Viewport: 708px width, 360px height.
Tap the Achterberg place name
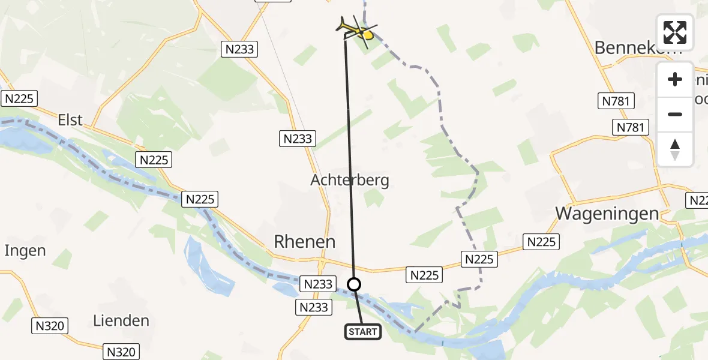pos(350,180)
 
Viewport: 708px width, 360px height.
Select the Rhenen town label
pos(304,241)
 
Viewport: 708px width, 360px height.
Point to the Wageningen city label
pos(607,214)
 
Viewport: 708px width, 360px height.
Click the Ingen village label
pos(25,250)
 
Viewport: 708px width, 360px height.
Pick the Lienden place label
pos(121,320)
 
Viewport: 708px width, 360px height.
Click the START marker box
pos(363,331)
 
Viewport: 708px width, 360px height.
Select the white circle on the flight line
pos(355,284)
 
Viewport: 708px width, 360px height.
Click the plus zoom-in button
pos(675,79)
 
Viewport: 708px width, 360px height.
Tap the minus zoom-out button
pos(675,114)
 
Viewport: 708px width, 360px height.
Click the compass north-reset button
pos(675,149)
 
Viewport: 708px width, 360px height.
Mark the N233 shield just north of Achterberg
pos(297,139)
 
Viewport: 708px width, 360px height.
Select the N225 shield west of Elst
pos(20,99)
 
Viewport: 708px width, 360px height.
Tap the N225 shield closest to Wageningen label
pos(541,242)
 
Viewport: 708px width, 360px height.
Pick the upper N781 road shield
pos(617,101)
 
